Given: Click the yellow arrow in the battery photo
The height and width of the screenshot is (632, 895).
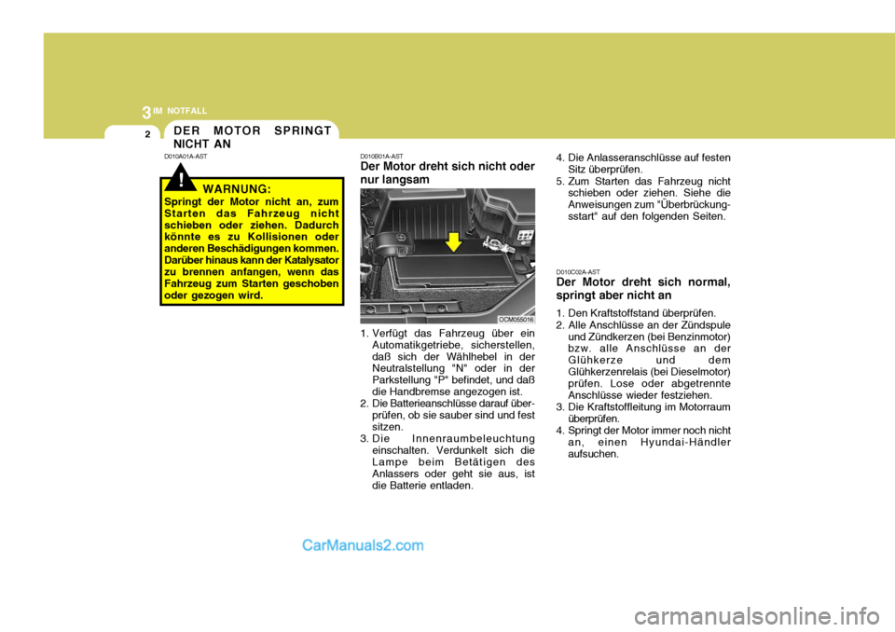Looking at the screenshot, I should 454,242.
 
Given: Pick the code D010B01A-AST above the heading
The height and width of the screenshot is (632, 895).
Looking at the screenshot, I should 381,157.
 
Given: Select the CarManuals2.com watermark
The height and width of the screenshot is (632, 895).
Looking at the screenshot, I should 363,546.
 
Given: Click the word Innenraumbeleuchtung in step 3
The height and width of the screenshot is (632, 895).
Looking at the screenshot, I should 473,438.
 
